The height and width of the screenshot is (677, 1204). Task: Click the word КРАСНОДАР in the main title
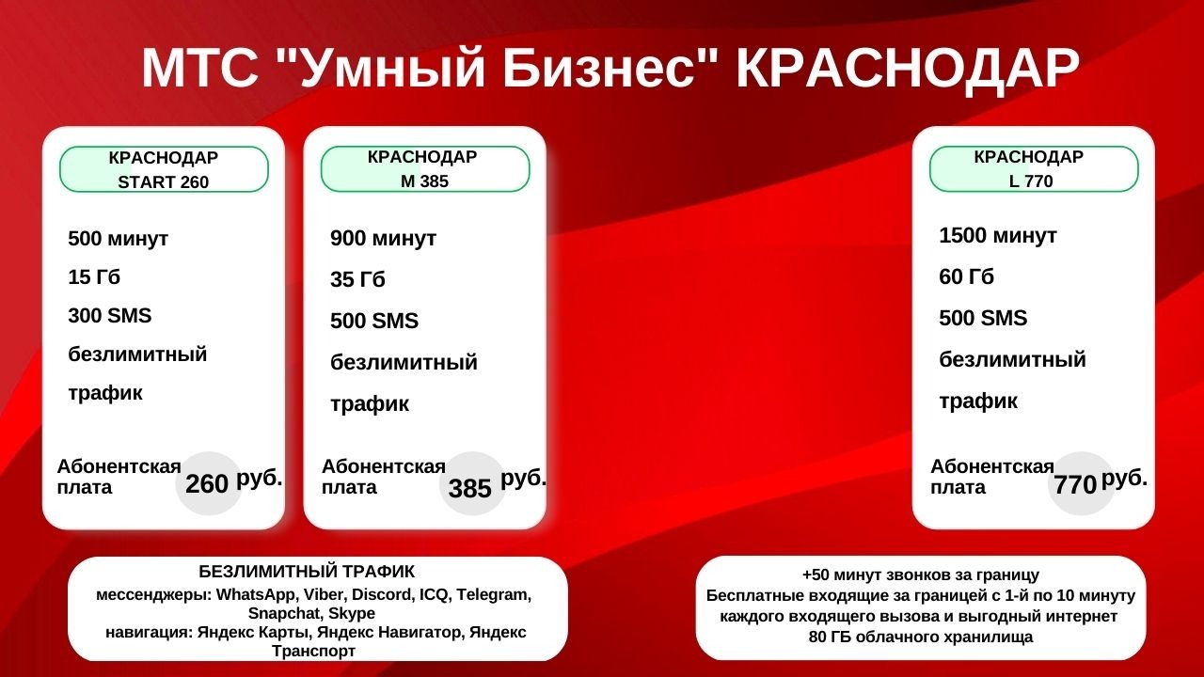click(x=906, y=68)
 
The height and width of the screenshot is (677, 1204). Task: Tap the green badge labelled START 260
click(x=164, y=169)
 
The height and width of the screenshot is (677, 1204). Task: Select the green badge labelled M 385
click(x=424, y=169)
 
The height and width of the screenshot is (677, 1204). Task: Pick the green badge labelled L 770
click(x=1033, y=169)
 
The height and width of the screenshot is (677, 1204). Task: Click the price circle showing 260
click(x=208, y=483)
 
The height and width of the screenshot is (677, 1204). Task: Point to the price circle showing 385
click(x=471, y=487)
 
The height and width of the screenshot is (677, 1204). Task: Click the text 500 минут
click(x=118, y=239)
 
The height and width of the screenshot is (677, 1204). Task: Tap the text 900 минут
click(x=383, y=239)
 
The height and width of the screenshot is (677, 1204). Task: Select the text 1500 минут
click(x=997, y=236)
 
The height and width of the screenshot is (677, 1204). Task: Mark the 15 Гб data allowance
click(x=94, y=277)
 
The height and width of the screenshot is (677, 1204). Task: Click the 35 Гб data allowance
click(x=357, y=280)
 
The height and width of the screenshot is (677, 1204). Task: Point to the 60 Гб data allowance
click(x=966, y=277)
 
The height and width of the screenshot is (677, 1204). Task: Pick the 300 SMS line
click(x=109, y=316)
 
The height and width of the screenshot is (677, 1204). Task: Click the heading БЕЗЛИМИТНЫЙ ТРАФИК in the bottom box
click(x=307, y=572)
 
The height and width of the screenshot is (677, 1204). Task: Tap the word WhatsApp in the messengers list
click(x=257, y=595)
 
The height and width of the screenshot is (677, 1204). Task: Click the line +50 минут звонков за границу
click(x=920, y=575)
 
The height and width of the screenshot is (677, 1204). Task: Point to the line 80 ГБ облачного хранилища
click(x=920, y=638)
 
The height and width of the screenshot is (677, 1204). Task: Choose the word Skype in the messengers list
click(x=352, y=613)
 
